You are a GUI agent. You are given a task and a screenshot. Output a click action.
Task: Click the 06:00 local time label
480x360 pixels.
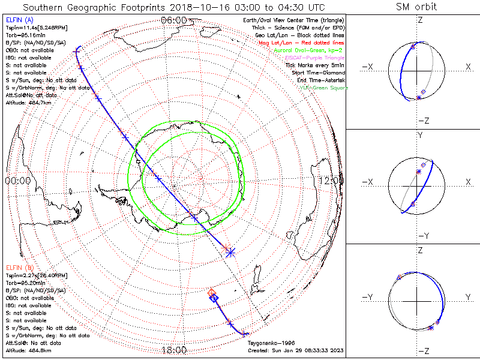tap(174, 20)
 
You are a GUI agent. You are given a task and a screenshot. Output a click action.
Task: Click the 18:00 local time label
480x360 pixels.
tap(174, 350)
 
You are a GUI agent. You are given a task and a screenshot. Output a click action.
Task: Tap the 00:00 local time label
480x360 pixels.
tap(18, 180)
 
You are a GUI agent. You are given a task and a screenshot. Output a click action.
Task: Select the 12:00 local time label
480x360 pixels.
tap(331, 180)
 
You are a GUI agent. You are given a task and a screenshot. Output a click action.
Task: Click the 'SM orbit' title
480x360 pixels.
tap(416, 7)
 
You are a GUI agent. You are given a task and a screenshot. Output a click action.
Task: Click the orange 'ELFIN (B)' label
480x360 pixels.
tap(19, 267)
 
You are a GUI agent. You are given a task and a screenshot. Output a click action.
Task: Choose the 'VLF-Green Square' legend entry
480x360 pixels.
tap(322, 88)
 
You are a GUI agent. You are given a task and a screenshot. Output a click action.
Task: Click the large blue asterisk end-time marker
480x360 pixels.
tap(230, 253)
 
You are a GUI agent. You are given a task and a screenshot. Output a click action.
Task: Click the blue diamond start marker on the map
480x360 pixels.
tap(215, 298)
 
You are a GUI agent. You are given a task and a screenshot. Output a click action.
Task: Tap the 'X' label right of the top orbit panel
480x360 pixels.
tap(468, 67)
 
